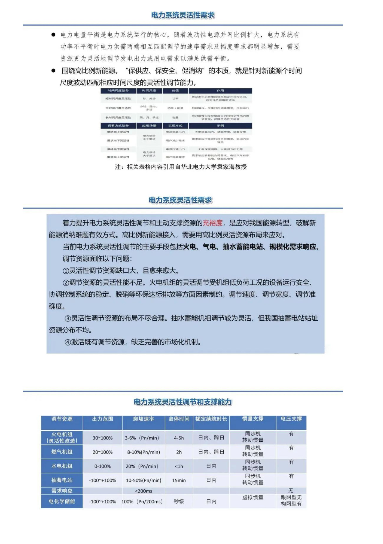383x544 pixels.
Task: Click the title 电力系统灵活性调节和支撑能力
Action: pyautogui.click(x=183, y=402)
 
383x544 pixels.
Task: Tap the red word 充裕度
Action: pyautogui.click(x=213, y=223)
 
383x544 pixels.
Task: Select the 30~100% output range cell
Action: pyautogui.click(x=102, y=438)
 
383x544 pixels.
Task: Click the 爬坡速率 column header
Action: pyautogui.click(x=143, y=419)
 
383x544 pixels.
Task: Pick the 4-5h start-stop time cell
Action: pyautogui.click(x=179, y=438)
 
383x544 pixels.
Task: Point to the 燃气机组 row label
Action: pyautogui.click(x=62, y=452)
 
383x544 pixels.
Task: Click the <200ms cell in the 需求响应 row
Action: pyautogui.click(x=143, y=491)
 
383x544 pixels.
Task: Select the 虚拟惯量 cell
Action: pyautogui.click(x=253, y=497)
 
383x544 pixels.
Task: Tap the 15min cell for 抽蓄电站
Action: pyautogui.click(x=179, y=480)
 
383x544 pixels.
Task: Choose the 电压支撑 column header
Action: pyautogui.click(x=291, y=419)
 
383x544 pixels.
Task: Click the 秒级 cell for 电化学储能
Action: pyautogui.click(x=179, y=501)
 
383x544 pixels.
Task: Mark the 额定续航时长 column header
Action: pyautogui.click(x=211, y=419)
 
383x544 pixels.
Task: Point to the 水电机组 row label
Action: pyautogui.click(x=62, y=466)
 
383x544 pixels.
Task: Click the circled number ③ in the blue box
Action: pyautogui.click(x=68, y=318)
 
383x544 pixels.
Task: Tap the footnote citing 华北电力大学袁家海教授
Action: pyautogui.click(x=181, y=167)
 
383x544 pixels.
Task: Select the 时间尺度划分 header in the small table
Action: pyautogui.click(x=118, y=91)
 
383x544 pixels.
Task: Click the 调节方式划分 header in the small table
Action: pyautogui.click(x=118, y=126)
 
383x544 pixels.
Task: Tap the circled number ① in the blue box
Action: pyautogui.click(x=66, y=271)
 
